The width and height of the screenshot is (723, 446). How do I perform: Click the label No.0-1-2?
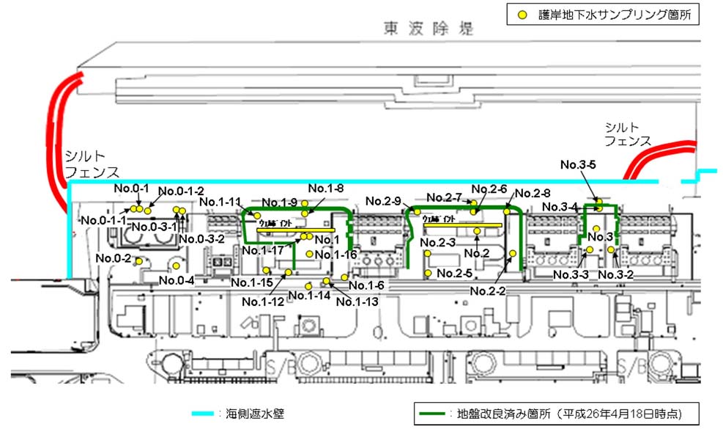[181, 191]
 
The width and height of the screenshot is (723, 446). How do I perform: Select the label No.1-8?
[326, 189]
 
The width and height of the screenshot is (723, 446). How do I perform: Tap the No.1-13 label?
[357, 301]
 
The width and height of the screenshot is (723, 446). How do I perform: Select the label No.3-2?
[615, 274]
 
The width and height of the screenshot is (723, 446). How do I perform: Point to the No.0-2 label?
[113, 259]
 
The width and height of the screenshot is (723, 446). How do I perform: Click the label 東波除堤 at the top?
[429, 29]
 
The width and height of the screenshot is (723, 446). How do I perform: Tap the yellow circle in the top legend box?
[522, 14]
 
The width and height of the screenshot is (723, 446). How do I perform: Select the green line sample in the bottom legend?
[435, 414]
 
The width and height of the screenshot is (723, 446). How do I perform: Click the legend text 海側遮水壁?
[250, 414]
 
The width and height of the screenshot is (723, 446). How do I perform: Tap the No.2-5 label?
[454, 274]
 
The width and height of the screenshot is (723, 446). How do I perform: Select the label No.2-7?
[444, 197]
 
